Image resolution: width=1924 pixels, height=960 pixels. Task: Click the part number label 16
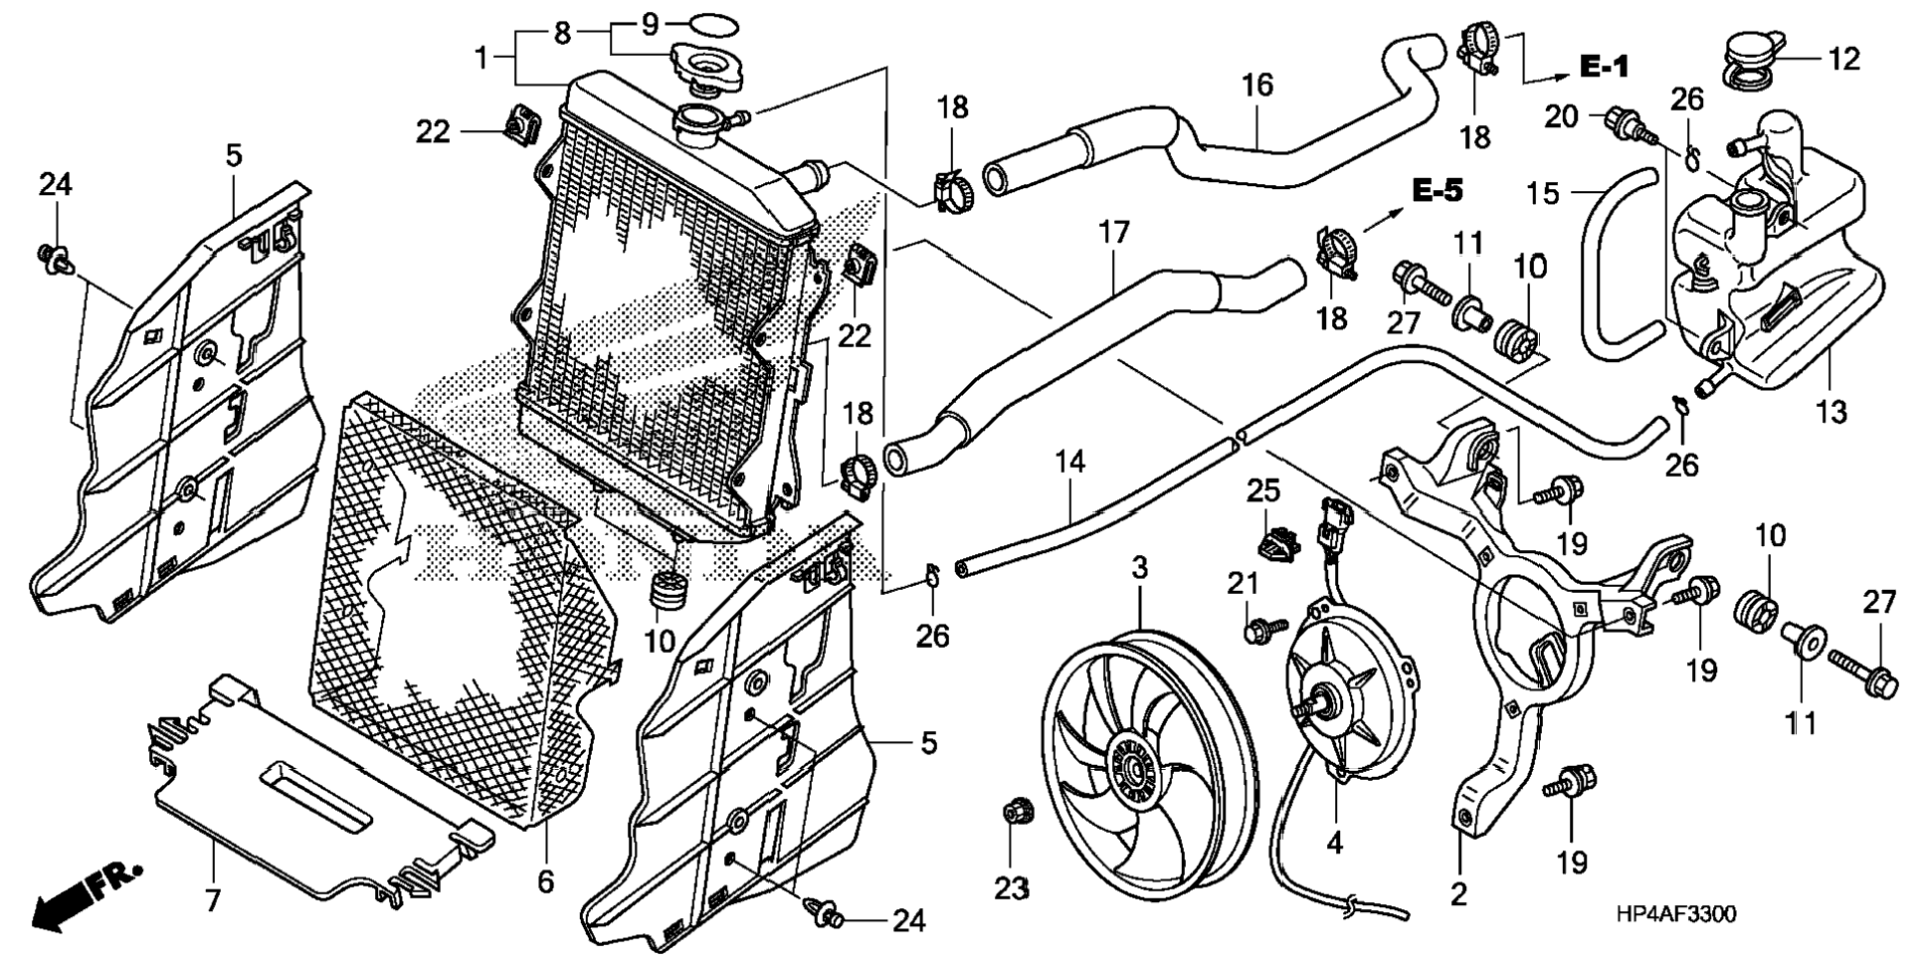(x=1257, y=86)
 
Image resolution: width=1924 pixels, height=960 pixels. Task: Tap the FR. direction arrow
(x=85, y=896)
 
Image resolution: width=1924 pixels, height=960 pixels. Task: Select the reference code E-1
(x=1605, y=67)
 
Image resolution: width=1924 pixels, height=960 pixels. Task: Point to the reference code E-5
(x=1438, y=191)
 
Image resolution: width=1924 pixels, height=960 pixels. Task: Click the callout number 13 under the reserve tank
(x=1830, y=412)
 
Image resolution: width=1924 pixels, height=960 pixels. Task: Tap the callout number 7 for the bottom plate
(x=212, y=900)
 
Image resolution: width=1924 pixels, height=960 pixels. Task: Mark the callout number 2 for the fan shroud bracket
(x=1458, y=893)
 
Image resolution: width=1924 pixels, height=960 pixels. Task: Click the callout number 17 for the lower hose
(x=1114, y=233)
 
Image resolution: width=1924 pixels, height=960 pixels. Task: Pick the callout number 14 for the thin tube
(x=1069, y=463)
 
